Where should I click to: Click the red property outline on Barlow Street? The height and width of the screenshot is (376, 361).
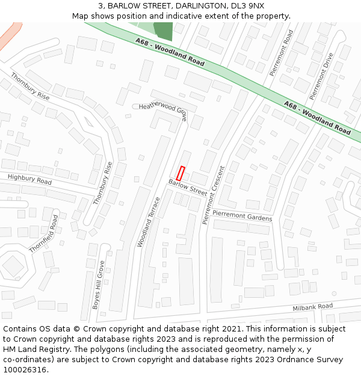coord(179,173)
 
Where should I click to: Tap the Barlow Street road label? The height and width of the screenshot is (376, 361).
coord(188,186)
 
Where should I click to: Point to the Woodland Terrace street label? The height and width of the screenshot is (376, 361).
coord(149,221)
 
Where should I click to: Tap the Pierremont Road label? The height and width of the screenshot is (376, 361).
coord(281,54)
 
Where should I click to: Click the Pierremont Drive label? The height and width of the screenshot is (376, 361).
coord(321,76)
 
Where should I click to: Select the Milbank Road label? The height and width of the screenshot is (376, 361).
coord(312,307)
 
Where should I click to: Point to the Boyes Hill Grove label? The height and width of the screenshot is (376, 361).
coord(98,285)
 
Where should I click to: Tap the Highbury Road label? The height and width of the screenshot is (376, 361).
coord(29,179)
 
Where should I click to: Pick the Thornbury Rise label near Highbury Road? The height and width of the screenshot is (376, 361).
coord(103,183)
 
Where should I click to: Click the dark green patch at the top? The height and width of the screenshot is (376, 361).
coord(162,31)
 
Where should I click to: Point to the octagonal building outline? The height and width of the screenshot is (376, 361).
coord(13,265)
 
